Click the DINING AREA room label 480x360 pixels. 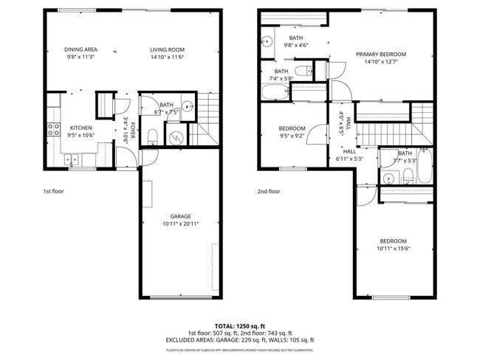[x=80, y=49]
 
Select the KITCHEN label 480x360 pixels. [x=80, y=128]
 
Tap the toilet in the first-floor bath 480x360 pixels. [x=151, y=136]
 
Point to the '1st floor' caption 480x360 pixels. [x=53, y=191]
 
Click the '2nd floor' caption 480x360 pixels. [x=270, y=191]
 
